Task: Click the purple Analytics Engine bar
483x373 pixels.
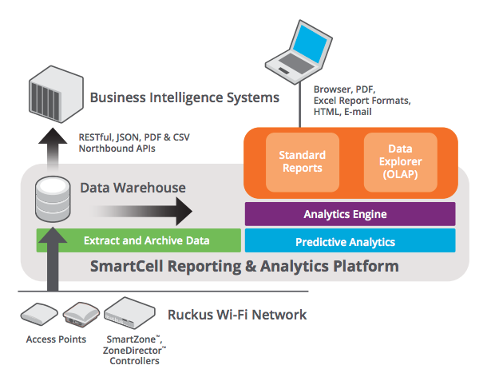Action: (x=350, y=214)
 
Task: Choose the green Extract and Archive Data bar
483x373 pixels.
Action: (x=138, y=240)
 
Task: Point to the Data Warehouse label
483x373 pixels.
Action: (x=133, y=188)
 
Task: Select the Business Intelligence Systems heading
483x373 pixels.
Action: (x=184, y=98)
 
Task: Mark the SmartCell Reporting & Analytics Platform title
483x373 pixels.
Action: (x=245, y=267)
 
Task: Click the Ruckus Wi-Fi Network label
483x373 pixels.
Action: (x=236, y=315)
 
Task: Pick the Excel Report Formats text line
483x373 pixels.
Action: (x=362, y=101)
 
